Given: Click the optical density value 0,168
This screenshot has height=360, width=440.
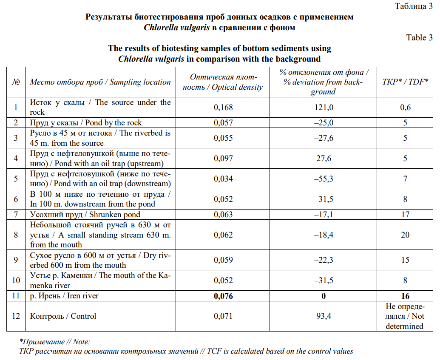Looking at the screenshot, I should click(x=223, y=108).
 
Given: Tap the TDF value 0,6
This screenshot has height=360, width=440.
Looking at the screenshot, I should click(x=405, y=108).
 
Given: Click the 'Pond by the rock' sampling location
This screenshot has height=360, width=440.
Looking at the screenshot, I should click(x=86, y=123).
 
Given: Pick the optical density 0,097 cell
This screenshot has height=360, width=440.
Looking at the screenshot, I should click(x=223, y=158).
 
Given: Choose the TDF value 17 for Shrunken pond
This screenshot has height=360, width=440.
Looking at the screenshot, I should click(x=405, y=214).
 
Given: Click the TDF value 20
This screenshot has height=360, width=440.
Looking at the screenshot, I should click(x=405, y=235).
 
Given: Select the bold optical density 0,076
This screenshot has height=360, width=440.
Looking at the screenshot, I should click(x=223, y=296).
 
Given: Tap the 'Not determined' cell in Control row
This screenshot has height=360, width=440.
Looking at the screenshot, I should click(x=405, y=316).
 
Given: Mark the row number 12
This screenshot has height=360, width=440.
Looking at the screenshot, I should click(x=16, y=316).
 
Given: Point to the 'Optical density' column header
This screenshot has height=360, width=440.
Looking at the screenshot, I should click(x=223, y=82).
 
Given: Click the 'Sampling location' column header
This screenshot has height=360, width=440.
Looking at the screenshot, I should click(x=100, y=82).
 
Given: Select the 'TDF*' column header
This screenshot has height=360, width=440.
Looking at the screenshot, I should click(x=405, y=82).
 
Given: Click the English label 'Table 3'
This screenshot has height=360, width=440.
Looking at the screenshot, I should click(x=419, y=37).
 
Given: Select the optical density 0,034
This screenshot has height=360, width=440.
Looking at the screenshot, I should click(x=223, y=179).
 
